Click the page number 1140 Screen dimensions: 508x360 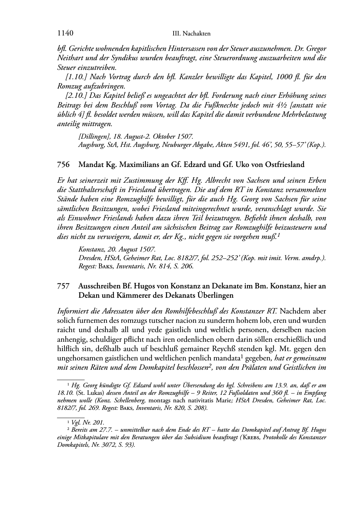click(x=65, y=34)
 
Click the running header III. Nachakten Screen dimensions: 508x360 click(x=191, y=34)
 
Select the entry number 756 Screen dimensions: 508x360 click(x=63, y=165)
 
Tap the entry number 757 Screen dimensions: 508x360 click(x=63, y=286)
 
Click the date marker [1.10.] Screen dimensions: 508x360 click(x=76, y=77)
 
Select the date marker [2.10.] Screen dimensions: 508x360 click(x=76, y=96)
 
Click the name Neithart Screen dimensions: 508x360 click(x=70, y=58)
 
